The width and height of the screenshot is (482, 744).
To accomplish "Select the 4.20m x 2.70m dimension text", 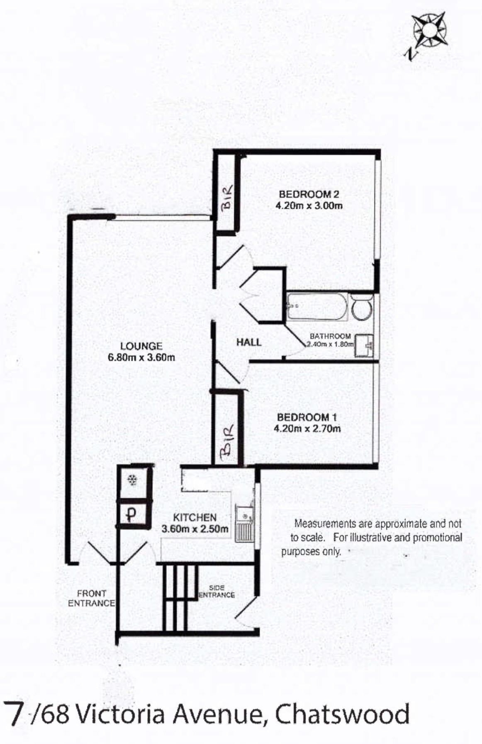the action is click(x=307, y=428).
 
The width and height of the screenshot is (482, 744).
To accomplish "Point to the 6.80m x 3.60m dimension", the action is click(x=141, y=357).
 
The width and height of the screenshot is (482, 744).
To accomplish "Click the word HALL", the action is click(x=249, y=342).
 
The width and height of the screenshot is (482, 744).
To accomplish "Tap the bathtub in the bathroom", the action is click(x=317, y=307).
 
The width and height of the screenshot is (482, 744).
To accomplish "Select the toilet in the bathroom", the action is click(x=362, y=307).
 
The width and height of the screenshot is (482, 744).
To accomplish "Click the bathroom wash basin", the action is click(x=365, y=345).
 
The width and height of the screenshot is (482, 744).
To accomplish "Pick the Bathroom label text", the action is click(x=330, y=336).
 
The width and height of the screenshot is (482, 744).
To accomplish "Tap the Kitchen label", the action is click(x=195, y=517).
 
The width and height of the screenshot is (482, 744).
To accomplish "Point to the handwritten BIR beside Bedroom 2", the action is click(x=227, y=197).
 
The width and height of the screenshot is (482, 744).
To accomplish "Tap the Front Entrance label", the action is click(x=91, y=598).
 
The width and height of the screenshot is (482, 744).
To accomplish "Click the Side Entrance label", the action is click(x=217, y=591).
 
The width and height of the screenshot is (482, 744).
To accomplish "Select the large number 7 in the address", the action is click(x=14, y=714).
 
